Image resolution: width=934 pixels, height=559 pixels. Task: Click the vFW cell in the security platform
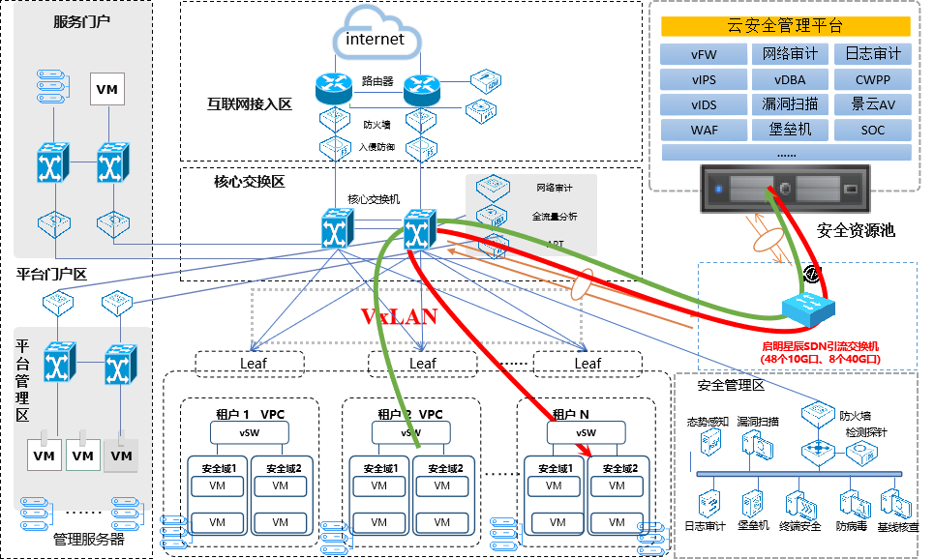pyautogui.click(x=703, y=54)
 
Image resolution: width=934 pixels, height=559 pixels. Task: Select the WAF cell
pyautogui.click(x=703, y=130)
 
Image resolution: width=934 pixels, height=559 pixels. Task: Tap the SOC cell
pyautogui.click(x=872, y=130)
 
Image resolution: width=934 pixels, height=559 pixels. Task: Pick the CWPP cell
pyautogui.click(x=872, y=79)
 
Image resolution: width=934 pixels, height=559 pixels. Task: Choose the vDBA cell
pyautogui.click(x=789, y=79)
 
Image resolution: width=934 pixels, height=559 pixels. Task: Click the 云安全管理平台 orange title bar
pyautogui.click(x=785, y=26)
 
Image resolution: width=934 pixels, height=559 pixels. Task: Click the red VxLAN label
pyautogui.click(x=399, y=316)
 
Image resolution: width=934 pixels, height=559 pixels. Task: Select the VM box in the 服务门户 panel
pyautogui.click(x=106, y=89)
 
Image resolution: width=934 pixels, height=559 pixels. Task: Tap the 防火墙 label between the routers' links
pyautogui.click(x=377, y=124)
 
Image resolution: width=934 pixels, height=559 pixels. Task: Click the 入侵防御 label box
pyautogui.click(x=377, y=147)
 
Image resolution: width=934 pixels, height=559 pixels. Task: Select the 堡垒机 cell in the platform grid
pyautogui.click(x=789, y=130)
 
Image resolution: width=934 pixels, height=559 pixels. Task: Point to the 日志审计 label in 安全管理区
pyautogui.click(x=705, y=527)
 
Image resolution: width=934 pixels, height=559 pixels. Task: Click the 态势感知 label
pyautogui.click(x=706, y=422)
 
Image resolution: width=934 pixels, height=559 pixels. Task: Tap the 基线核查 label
pyautogui.click(x=899, y=527)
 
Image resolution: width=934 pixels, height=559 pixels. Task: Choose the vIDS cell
pyautogui.click(x=703, y=104)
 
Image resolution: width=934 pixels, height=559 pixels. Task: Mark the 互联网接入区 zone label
pyautogui.click(x=249, y=103)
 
